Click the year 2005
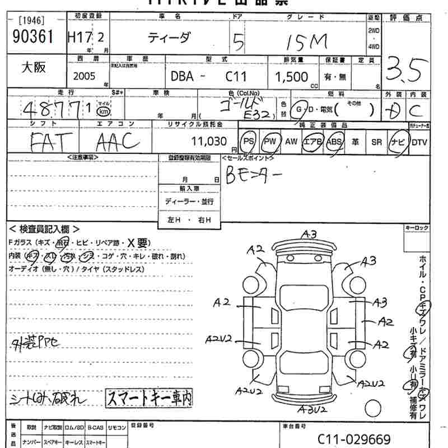(x=84, y=76)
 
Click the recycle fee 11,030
(x=208, y=142)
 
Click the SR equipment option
(x=376, y=142)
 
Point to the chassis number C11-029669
(x=354, y=439)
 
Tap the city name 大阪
(x=34, y=68)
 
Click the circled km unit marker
(x=103, y=110)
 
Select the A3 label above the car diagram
(x=309, y=234)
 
